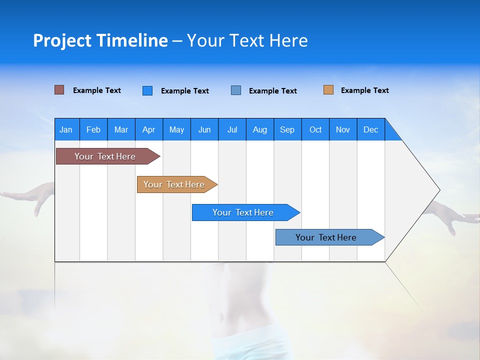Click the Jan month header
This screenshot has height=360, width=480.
(66, 129)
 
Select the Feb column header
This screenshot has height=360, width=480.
(93, 129)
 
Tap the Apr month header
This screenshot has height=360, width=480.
(148, 129)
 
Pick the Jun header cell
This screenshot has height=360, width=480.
(204, 129)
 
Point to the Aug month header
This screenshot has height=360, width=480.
(259, 129)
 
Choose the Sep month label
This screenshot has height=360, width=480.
(287, 129)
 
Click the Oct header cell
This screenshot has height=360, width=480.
(315, 129)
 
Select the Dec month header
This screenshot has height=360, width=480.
(370, 129)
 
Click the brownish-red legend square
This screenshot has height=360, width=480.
(59, 90)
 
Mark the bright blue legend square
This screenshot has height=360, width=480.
(147, 90)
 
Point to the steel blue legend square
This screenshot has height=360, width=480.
(236, 90)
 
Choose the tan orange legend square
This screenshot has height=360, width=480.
(328, 90)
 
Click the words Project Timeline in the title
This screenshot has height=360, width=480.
(100, 40)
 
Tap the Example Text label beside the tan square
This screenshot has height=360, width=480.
(364, 90)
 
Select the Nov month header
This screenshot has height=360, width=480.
(343, 129)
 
